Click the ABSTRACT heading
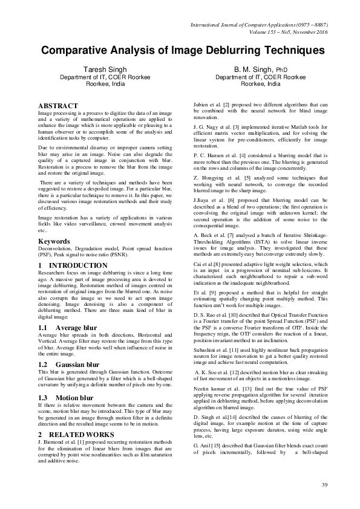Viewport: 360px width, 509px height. pyautogui.click(x=58, y=105)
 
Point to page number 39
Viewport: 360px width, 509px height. pyautogui.click(x=324, y=485)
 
